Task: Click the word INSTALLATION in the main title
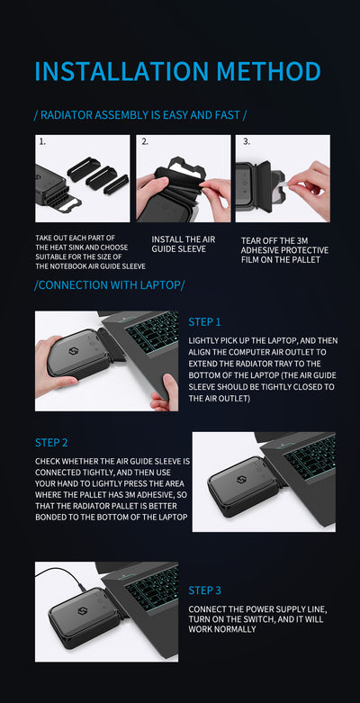tap(121, 71)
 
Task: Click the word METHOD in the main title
tap(269, 71)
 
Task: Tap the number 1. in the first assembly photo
tap(42, 141)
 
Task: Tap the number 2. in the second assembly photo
tap(144, 141)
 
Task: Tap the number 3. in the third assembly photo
tap(246, 141)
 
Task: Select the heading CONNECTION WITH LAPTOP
tap(110, 285)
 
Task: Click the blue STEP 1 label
tap(204, 322)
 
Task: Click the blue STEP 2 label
tap(51, 443)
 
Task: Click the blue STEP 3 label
tap(204, 590)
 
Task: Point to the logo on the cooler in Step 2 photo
tap(240, 480)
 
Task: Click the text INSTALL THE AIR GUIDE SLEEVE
tap(183, 244)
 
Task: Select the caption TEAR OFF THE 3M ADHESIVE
tap(284, 245)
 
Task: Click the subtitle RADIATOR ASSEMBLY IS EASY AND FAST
tap(140, 115)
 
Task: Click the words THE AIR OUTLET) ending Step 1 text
tap(219, 398)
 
